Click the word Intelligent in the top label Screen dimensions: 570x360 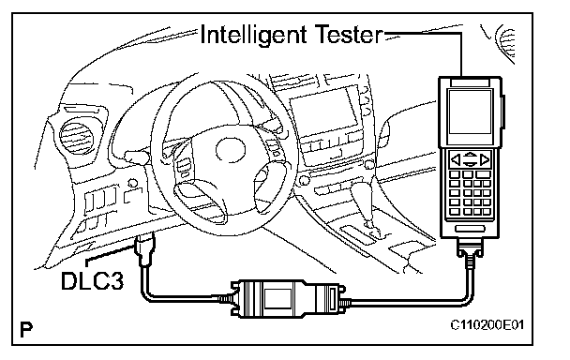[x=253, y=36]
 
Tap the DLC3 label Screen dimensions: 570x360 [x=92, y=281]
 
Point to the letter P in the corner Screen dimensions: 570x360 [x=26, y=329]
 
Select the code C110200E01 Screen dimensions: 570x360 [x=487, y=324]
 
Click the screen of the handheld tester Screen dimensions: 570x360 [x=470, y=112]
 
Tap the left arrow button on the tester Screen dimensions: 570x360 [x=456, y=159]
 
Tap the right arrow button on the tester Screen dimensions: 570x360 [x=485, y=159]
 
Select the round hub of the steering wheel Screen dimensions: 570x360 [x=231, y=150]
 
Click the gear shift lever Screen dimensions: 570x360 [x=365, y=203]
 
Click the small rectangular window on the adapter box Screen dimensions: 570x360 [x=278, y=299]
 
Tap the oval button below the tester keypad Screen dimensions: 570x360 [x=470, y=229]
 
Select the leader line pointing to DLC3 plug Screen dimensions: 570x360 [x=109, y=255]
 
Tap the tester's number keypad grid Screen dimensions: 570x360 [x=471, y=193]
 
